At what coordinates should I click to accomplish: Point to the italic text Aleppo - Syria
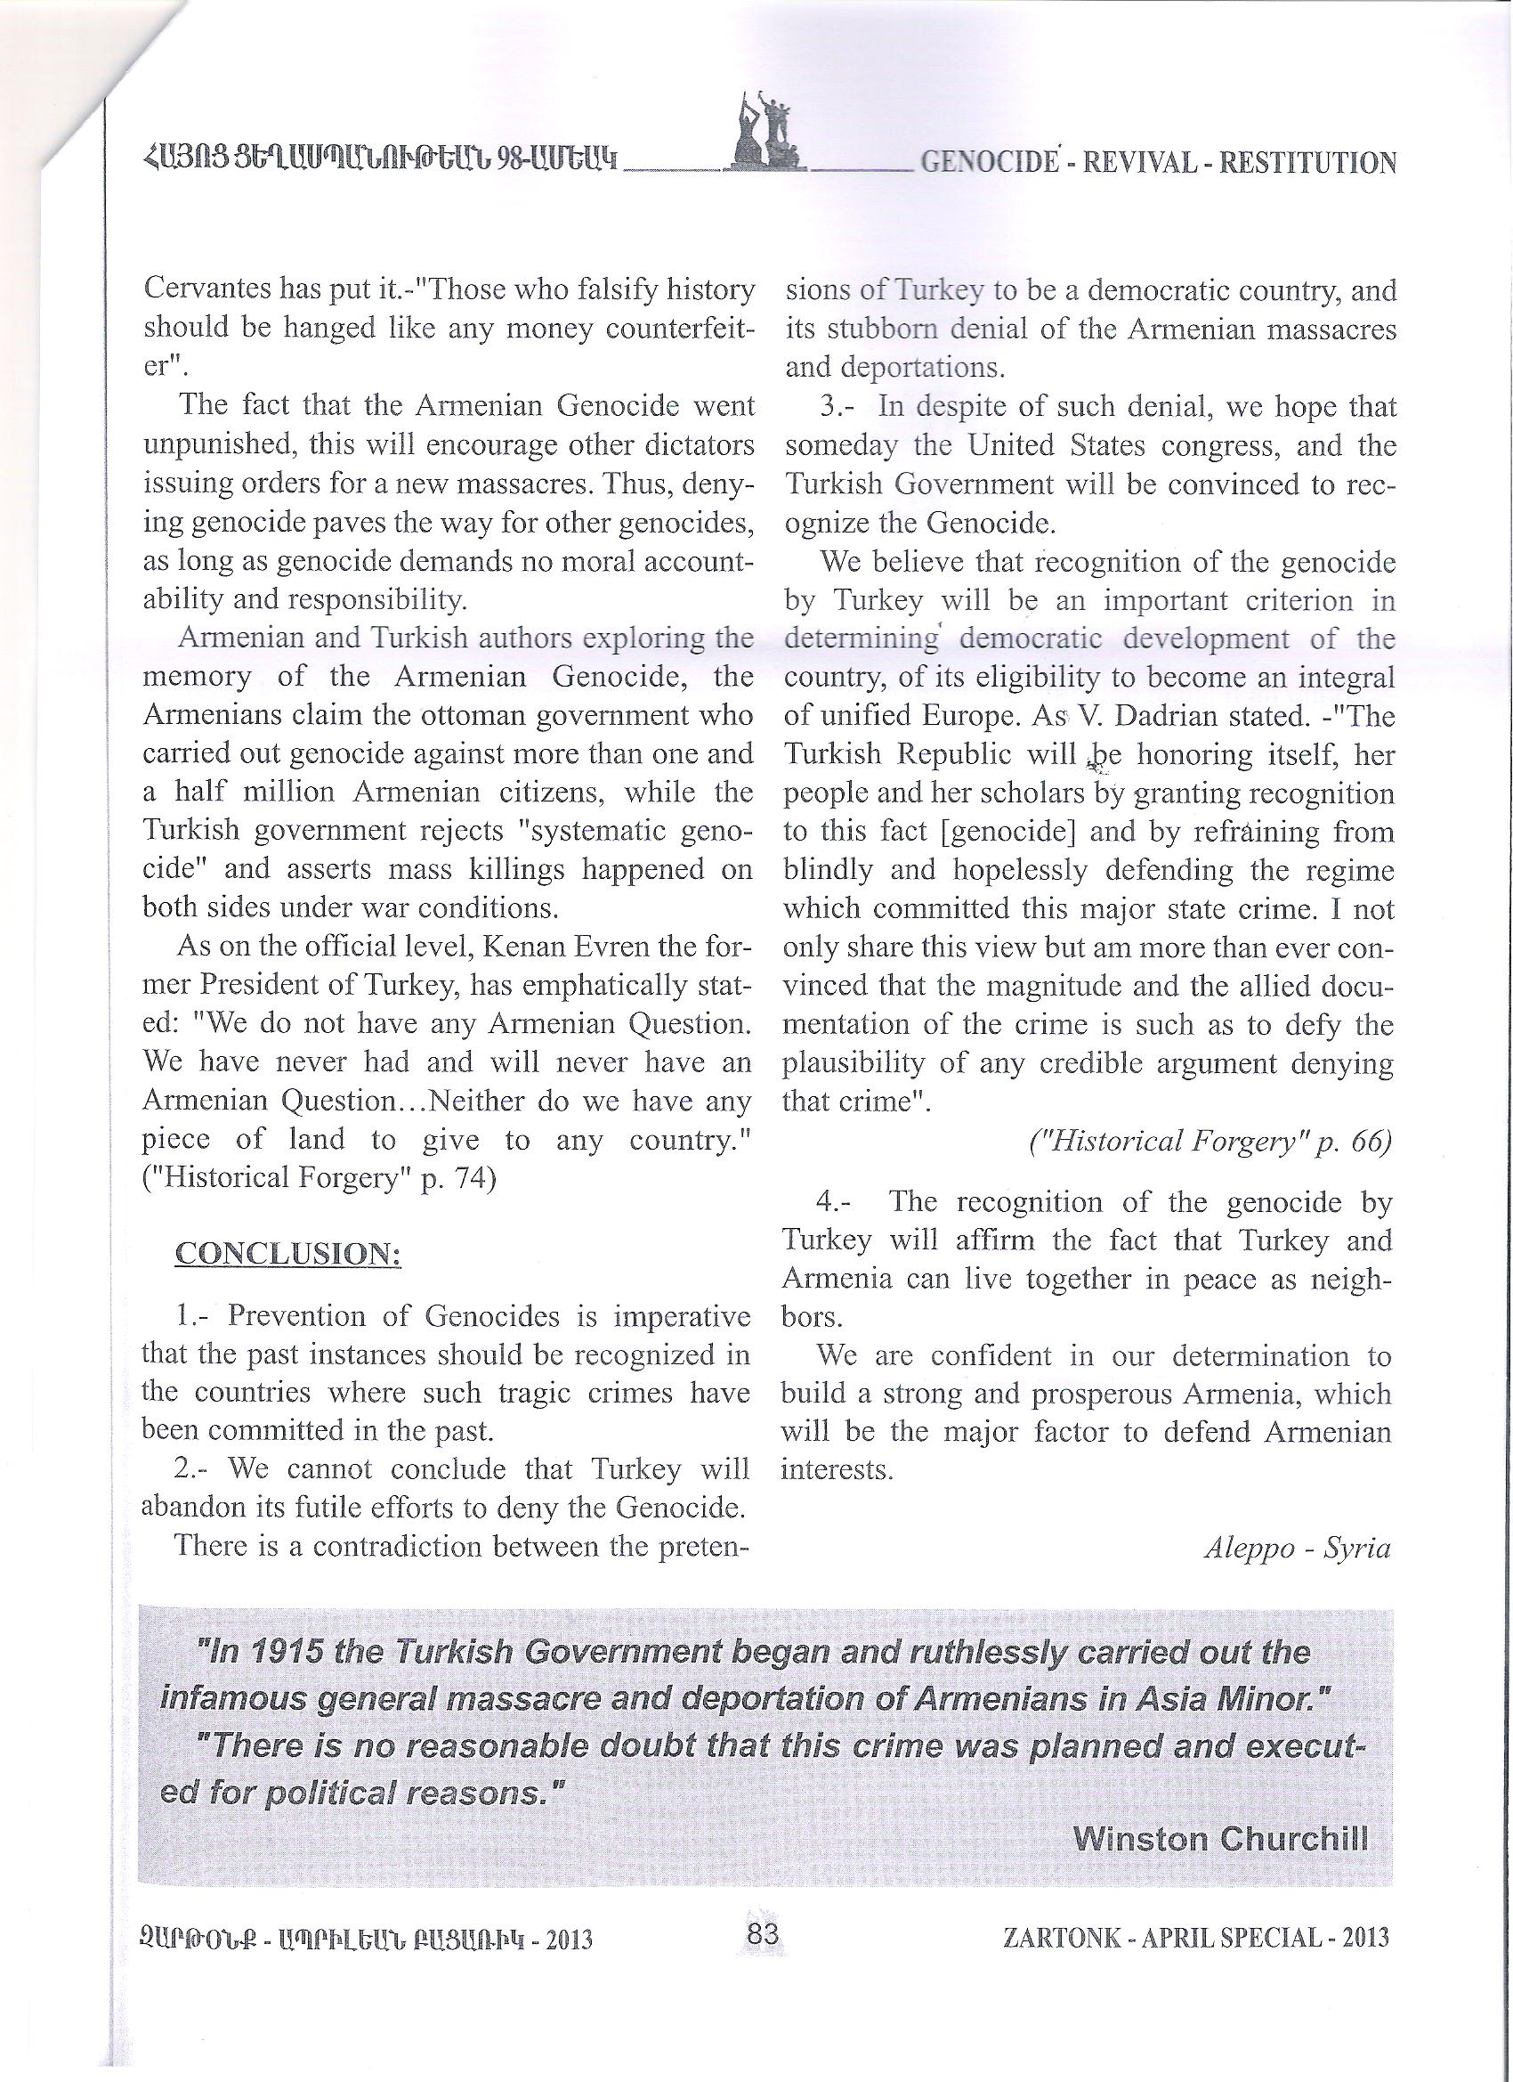click(x=1297, y=1549)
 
